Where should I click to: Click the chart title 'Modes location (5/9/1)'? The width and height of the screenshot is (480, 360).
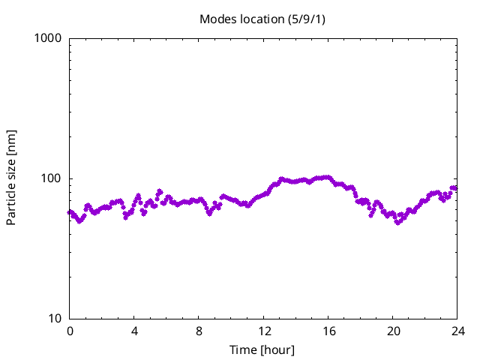pos(262,19)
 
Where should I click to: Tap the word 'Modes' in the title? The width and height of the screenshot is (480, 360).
pos(217,19)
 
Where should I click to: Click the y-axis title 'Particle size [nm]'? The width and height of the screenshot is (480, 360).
pos(12,178)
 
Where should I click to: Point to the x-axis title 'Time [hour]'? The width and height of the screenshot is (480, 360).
pos(262,349)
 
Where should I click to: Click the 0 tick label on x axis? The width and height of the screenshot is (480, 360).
pos(70,331)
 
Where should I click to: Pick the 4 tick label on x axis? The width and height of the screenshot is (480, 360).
pos(134,331)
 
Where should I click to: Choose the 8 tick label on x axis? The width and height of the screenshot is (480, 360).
pos(199,331)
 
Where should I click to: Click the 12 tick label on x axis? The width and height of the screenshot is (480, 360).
pos(263,331)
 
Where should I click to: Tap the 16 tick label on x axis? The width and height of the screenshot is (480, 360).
pos(328,331)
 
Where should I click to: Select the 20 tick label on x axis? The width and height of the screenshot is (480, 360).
pos(392,331)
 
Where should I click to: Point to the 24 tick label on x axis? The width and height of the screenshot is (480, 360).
pos(457,331)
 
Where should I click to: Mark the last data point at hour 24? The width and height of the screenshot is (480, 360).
pos(454,187)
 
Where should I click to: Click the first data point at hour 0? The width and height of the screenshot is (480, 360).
pos(70,212)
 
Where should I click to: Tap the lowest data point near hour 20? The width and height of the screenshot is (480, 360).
pos(397,223)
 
